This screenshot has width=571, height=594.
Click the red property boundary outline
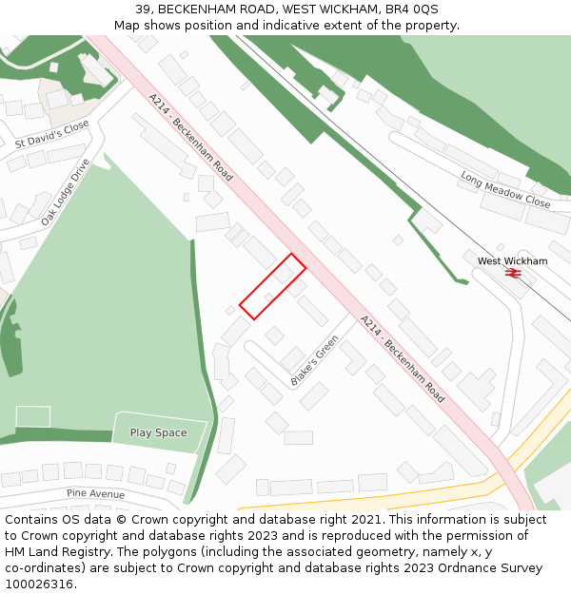coord(272,286)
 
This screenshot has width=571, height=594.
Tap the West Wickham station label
coord(512,260)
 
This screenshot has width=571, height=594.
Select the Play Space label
coord(158,432)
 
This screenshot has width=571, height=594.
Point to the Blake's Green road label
coord(315,361)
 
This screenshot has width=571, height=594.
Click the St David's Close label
coord(51,134)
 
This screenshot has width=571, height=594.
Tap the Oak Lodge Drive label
coord(65,192)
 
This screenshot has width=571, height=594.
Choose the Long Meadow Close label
coord(505,190)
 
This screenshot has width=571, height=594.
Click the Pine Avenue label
coord(95,494)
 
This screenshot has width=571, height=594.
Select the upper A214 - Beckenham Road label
coord(190,137)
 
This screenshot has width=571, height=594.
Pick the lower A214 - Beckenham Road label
coord(403,358)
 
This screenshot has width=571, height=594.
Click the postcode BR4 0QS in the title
coord(413,10)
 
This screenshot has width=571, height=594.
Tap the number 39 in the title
coord(143,10)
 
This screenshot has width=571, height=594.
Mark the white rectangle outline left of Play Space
coord(33,416)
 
